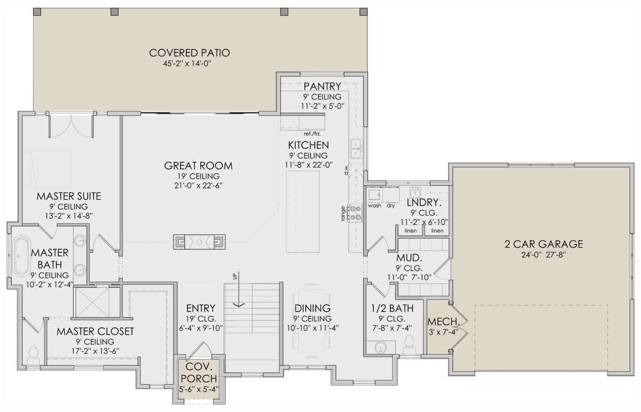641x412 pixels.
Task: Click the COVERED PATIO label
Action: pyautogui.click(x=190, y=53)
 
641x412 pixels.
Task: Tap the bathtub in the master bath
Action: pyautogui.click(x=21, y=256)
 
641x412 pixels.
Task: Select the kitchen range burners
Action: pyautogui.click(x=355, y=213)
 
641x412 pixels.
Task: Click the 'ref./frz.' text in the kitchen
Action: pyautogui.click(x=312, y=134)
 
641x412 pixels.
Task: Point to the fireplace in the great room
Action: pyautogui.click(x=199, y=242)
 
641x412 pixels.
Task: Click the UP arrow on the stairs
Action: pyautogui.click(x=239, y=289)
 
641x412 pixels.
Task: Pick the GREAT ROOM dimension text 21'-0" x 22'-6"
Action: pyautogui.click(x=198, y=186)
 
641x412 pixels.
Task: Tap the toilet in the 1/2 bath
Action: pyautogui.click(x=409, y=345)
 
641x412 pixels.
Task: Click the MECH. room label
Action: pyautogui.click(x=443, y=322)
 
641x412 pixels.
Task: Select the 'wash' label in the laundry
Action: pyautogui.click(x=374, y=205)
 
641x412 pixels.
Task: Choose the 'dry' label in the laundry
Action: pyautogui.click(x=390, y=205)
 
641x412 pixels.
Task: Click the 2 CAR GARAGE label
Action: pyautogui.click(x=543, y=244)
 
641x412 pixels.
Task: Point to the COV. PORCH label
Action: pyautogui.click(x=199, y=373)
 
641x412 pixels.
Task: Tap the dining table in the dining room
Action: pyautogui.click(x=311, y=321)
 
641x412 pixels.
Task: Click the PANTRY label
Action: pyautogui.click(x=322, y=86)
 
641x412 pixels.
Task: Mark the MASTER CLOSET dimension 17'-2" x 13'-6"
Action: pyautogui.click(x=95, y=351)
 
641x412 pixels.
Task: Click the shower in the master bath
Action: pyautogui.click(x=92, y=302)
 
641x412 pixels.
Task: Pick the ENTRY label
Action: pyautogui.click(x=201, y=308)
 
